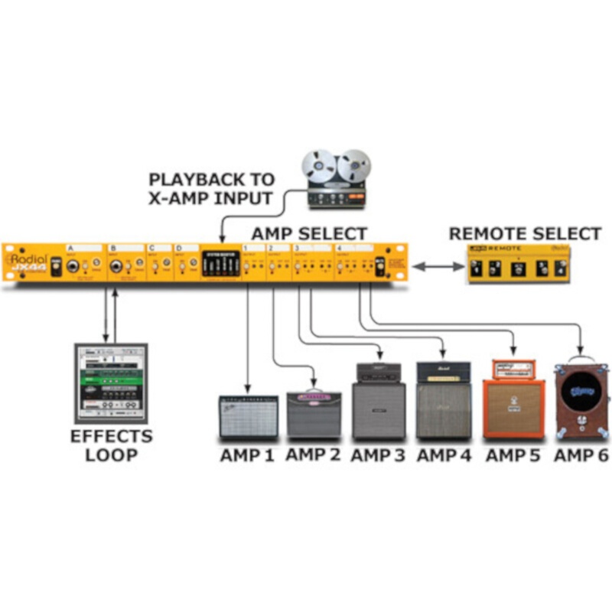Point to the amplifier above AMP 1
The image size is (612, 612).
[x=248, y=416]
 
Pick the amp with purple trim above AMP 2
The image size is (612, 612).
[x=314, y=414]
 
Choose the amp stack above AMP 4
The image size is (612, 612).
[x=443, y=400]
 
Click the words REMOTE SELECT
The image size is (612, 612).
[x=525, y=233]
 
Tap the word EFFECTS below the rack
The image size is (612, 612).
[x=111, y=438]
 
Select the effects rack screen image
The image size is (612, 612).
[x=110, y=382]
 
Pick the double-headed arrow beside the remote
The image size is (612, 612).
[x=438, y=265]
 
